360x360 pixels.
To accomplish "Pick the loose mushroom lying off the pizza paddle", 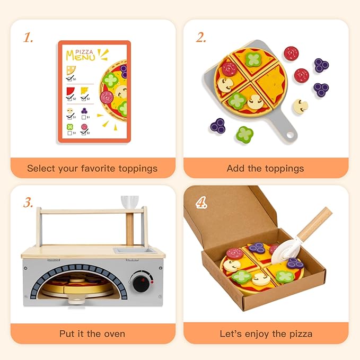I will (x=301, y=106).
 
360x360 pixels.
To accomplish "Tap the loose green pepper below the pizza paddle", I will (x=244, y=134).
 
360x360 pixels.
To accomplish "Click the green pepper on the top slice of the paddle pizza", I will (x=253, y=59).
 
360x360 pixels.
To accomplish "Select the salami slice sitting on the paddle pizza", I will (x=229, y=69).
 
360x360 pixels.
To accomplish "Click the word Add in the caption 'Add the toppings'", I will (x=235, y=169).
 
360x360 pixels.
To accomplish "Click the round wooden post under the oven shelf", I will (x=129, y=229).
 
